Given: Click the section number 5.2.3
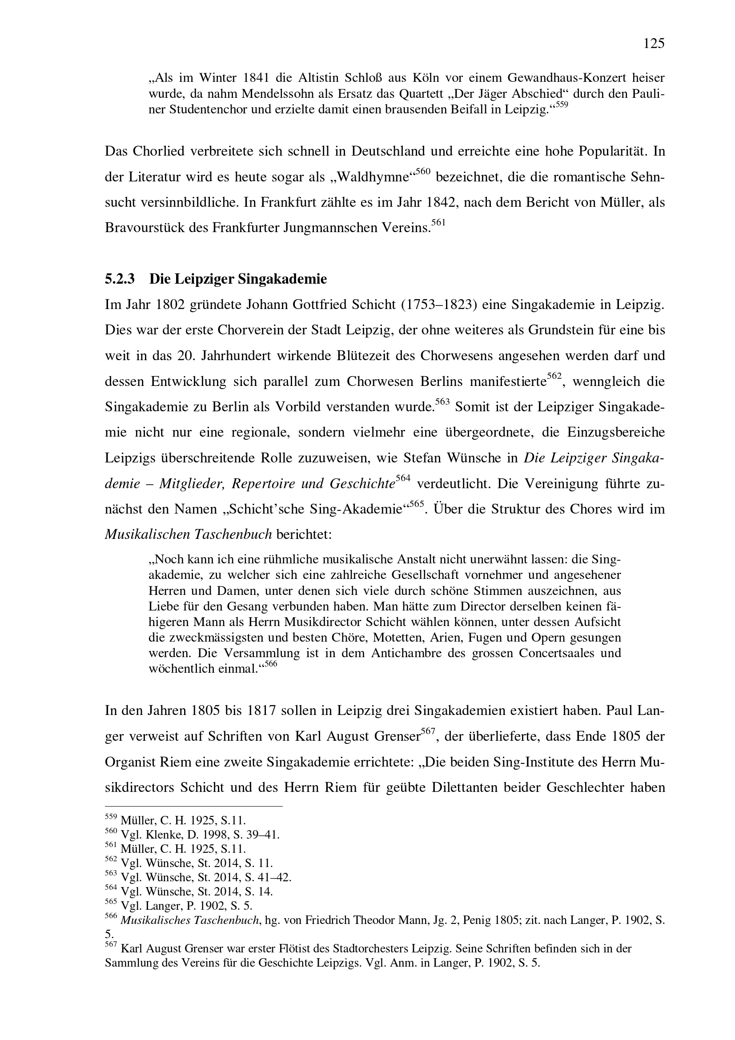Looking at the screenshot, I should (120, 279).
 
